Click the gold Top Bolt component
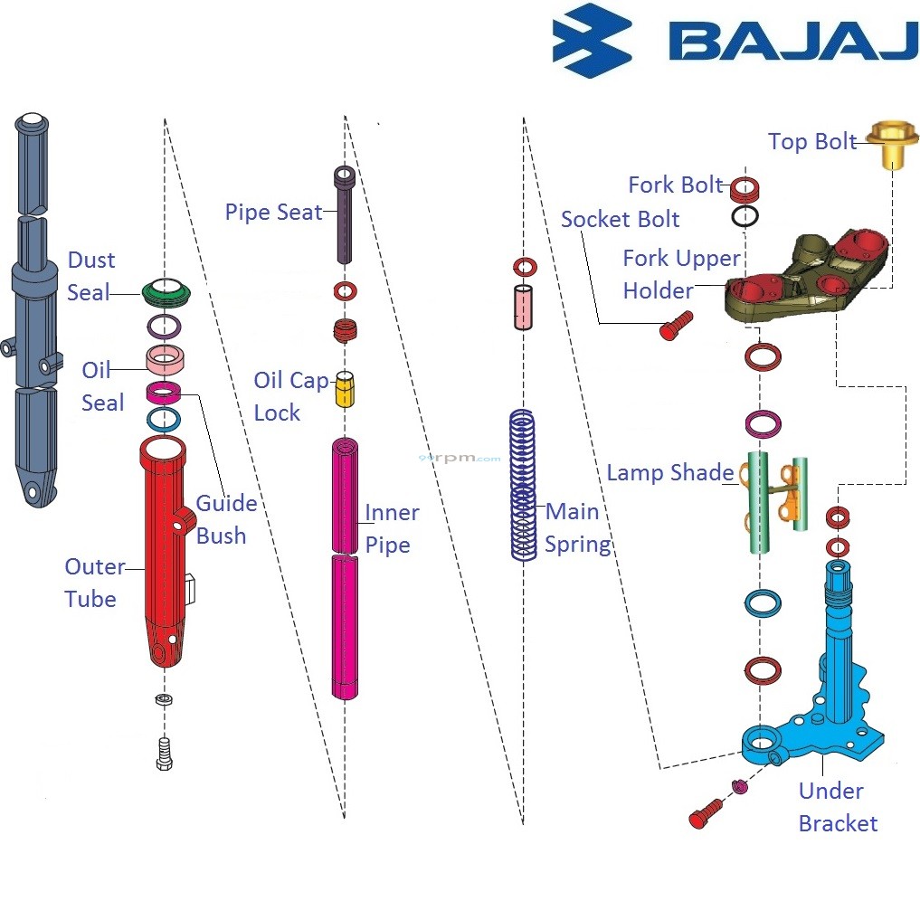(x=892, y=145)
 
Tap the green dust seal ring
(x=167, y=291)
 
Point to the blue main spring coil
(x=522, y=486)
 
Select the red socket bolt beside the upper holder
(x=676, y=325)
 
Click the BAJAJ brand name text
(x=792, y=42)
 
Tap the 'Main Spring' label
(x=576, y=528)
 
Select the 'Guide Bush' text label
(x=225, y=519)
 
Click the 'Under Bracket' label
(x=837, y=807)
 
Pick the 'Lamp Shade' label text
(x=669, y=473)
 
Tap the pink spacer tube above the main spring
(x=524, y=308)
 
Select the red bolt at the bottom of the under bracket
(x=706, y=811)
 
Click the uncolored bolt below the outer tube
(x=164, y=753)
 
